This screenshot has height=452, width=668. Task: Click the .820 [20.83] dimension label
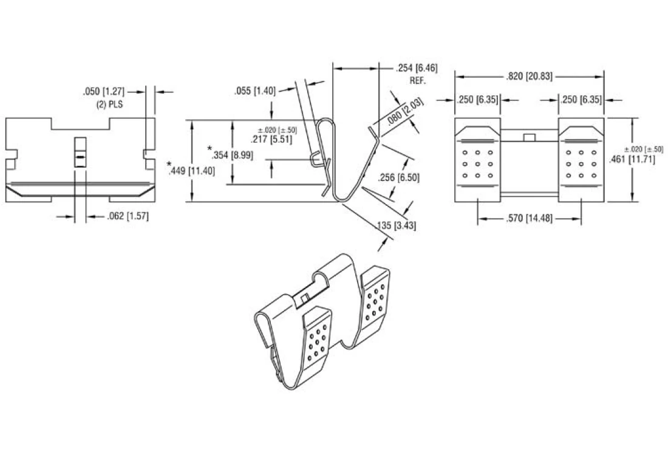click(529, 77)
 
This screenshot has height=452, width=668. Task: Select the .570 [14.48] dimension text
click(529, 218)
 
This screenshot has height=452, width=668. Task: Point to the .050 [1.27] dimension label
click(103, 91)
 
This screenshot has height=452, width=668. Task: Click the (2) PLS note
click(109, 104)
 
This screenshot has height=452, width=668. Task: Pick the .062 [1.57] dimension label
click(128, 216)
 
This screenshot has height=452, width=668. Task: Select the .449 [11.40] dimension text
click(192, 171)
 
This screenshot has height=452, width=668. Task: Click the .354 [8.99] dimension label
click(232, 155)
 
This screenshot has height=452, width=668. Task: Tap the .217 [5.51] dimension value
click(272, 139)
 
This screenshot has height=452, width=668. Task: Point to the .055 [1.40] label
click(255, 91)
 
